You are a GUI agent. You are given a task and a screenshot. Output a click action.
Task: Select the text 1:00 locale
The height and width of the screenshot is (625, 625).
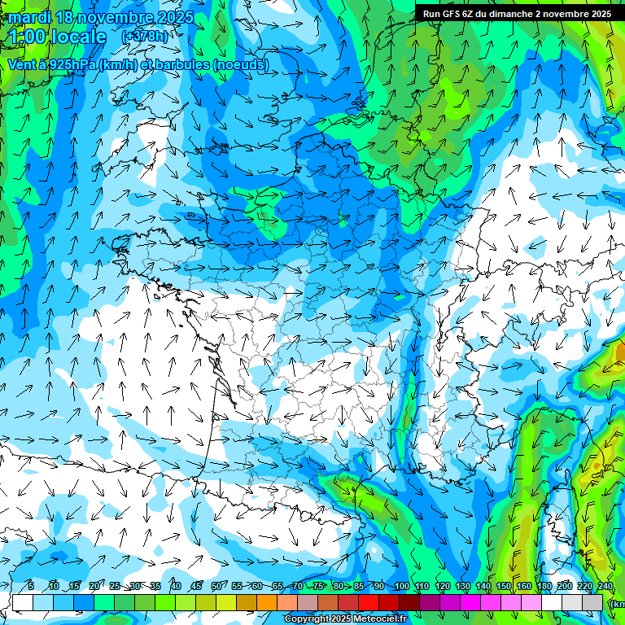pyautogui.click(x=57, y=37)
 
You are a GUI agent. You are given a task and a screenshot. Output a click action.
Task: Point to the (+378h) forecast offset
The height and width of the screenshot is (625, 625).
pyautogui.click(x=145, y=37)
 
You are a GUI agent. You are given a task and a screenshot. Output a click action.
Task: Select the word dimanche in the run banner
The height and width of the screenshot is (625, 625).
pyautogui.click(x=516, y=14)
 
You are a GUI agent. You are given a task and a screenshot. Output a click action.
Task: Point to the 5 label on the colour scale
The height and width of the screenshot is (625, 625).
pyautogui.click(x=30, y=587)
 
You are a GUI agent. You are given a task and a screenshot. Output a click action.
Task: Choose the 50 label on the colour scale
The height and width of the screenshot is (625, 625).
pyautogui.click(x=216, y=587)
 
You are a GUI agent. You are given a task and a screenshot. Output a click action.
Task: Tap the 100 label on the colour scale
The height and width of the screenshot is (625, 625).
pyautogui.click(x=401, y=587)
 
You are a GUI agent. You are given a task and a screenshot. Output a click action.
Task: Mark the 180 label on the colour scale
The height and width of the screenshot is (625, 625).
pyautogui.click(x=544, y=587)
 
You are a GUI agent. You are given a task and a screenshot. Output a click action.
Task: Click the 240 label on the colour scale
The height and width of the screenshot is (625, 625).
pyautogui.click(x=605, y=587)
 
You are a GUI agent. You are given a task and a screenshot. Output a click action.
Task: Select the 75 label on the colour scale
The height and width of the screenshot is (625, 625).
pyautogui.click(x=318, y=587)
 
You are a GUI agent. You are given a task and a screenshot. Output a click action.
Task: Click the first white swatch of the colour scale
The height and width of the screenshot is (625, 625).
pyautogui.click(x=23, y=602)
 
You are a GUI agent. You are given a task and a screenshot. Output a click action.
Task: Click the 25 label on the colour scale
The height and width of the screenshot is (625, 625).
pyautogui.click(x=114, y=587)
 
